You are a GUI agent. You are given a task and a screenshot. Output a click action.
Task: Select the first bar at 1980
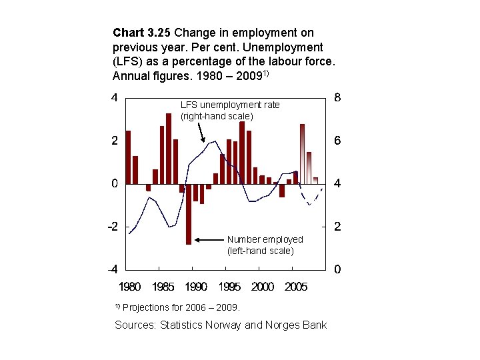[128, 157]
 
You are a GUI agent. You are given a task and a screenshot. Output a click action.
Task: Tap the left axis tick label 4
[115, 97]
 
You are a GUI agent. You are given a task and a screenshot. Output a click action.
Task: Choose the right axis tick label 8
[338, 97]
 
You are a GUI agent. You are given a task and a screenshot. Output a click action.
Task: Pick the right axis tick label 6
[338, 141]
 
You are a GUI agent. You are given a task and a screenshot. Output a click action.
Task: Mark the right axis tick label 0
[338, 270]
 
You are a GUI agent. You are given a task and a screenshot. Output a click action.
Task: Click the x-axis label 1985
[163, 287]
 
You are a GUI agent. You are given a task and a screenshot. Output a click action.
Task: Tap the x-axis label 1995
[229, 287]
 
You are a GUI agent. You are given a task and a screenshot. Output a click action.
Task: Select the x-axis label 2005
[296, 287]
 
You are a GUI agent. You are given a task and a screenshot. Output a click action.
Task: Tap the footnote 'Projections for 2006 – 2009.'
[181, 307]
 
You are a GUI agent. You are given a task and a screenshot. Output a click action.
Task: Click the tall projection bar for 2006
[302, 153]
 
